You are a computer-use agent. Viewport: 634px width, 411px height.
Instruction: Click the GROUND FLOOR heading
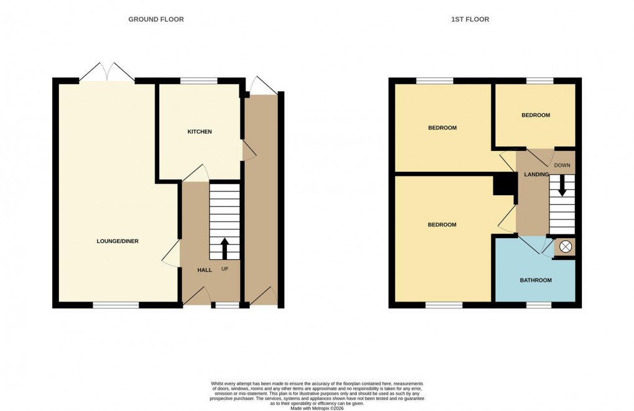156,19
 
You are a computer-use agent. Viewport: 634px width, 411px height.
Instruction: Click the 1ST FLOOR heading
470,19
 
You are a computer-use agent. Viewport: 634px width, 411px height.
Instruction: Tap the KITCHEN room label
200,132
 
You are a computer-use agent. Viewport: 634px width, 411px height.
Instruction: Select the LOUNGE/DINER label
117,241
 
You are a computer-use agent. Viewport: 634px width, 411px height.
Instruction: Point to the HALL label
204,270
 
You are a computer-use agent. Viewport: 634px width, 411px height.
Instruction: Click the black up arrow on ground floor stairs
225,249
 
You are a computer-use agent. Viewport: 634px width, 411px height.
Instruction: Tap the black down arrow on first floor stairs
562,186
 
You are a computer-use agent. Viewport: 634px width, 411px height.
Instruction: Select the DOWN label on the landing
562,165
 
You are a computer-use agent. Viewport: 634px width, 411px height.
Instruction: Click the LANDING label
536,175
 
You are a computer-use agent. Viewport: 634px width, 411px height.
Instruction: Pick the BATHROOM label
536,280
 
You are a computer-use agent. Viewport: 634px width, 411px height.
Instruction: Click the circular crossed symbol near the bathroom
565,247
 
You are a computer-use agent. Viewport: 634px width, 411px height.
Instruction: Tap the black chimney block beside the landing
505,185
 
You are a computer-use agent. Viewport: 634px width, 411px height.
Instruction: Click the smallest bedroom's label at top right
535,115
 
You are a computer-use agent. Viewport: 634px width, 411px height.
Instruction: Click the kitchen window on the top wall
199,81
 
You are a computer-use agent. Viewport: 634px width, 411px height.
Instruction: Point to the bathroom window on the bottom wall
539,305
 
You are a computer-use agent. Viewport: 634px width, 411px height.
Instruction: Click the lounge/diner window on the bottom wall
116,305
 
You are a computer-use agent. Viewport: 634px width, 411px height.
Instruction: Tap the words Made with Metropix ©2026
317,407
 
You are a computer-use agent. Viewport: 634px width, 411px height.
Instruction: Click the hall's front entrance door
196,297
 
